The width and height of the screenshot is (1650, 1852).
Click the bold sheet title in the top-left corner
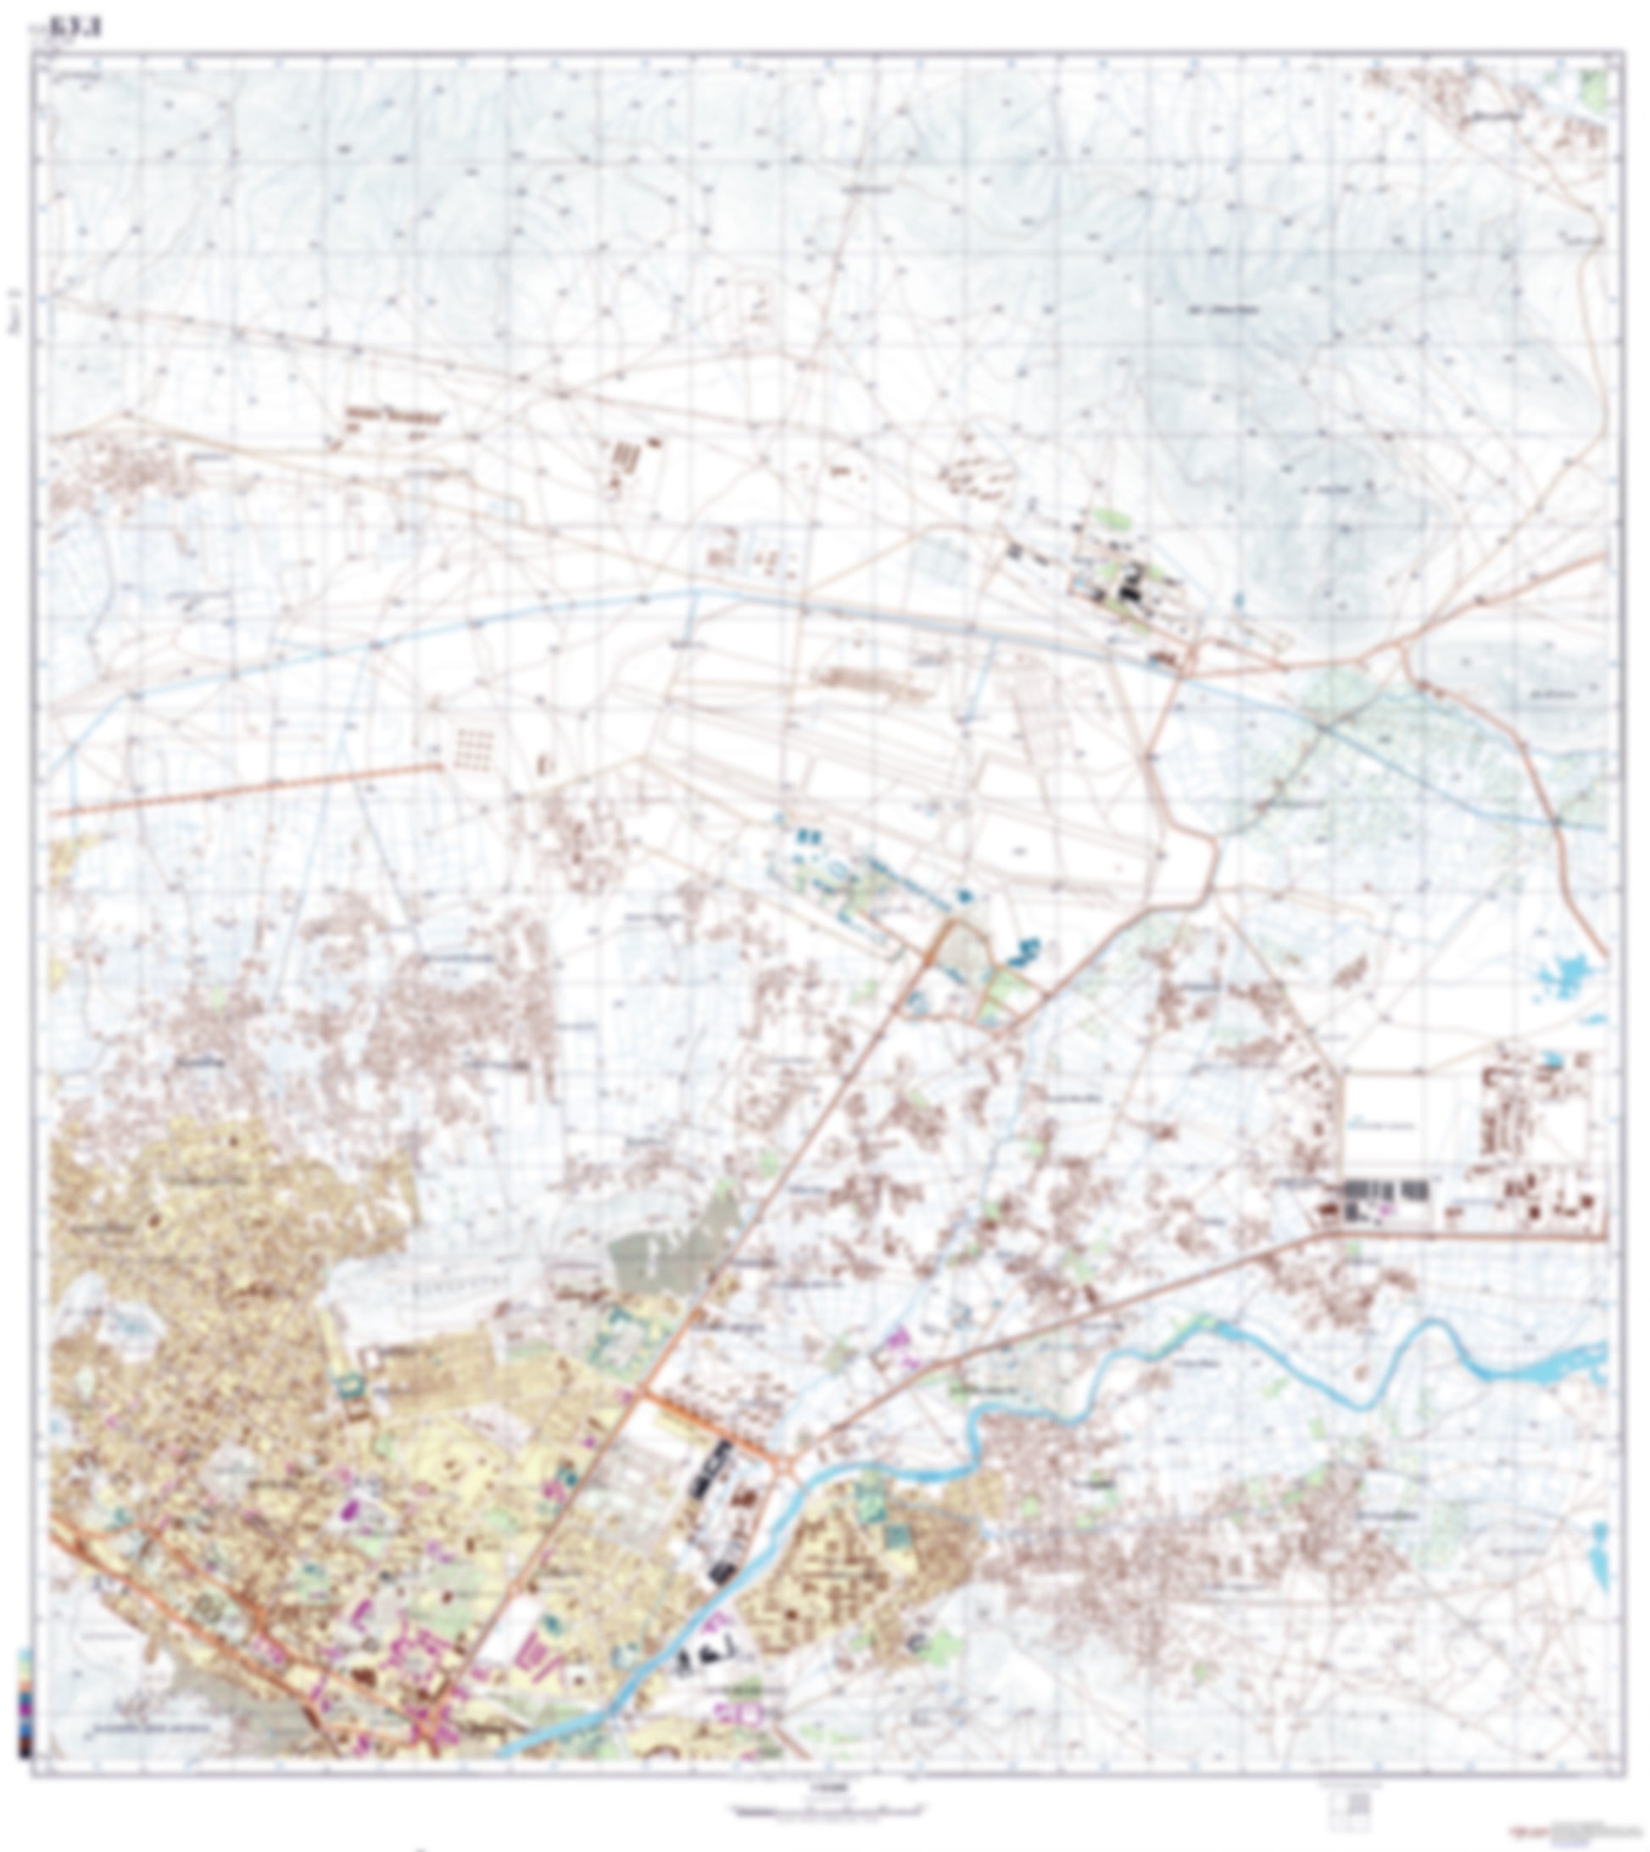tap(89, 29)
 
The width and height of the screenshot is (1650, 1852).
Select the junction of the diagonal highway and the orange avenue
tap(644, 1393)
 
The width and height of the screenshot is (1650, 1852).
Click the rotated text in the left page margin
tap(13, 313)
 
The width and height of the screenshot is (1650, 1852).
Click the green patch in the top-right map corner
tap(1597, 87)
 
